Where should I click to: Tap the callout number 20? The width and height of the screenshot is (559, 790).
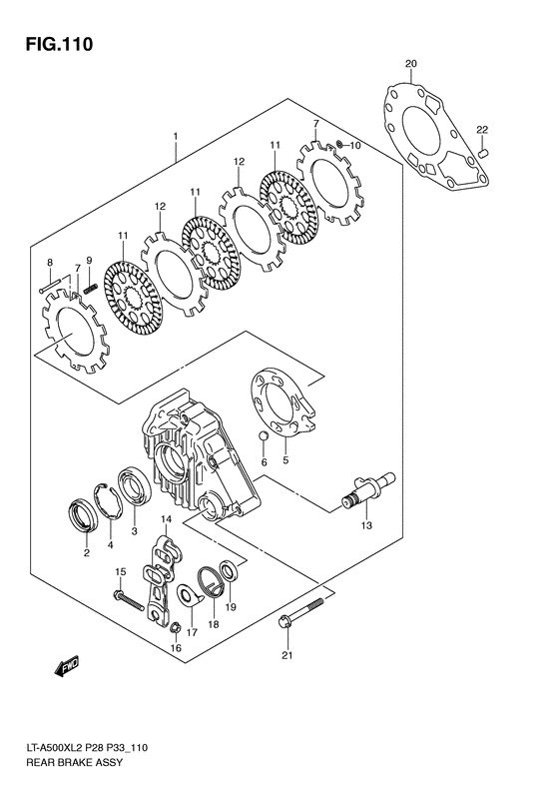411,65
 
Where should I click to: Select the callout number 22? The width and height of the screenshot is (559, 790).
481,130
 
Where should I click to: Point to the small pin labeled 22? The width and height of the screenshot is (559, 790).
481,153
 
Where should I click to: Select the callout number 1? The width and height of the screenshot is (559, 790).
175,136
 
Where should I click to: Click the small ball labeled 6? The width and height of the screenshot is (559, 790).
264,436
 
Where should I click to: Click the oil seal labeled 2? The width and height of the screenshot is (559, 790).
85,515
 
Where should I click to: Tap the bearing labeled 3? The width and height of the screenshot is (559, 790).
133,486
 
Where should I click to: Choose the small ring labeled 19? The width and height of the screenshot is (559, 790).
229,571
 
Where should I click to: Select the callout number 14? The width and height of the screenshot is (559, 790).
167,520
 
